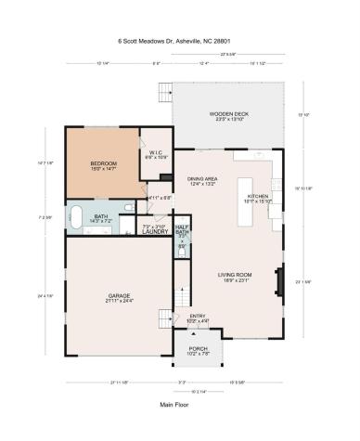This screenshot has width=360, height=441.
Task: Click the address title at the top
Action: point(179,41)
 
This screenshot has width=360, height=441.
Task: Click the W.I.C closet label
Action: point(154,154)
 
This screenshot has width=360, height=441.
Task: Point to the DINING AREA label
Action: point(201,179)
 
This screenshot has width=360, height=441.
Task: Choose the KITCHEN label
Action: point(258,197)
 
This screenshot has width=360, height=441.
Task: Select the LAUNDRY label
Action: point(154,231)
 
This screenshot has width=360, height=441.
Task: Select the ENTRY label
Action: point(198,317)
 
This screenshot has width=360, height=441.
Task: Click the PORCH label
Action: point(197,349)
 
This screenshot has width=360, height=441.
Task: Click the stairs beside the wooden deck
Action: point(166,93)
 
